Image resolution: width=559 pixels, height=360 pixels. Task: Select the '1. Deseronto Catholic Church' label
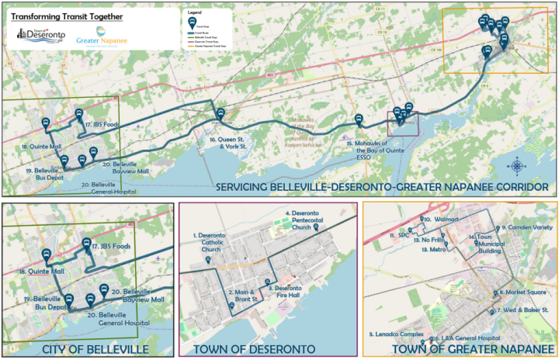207,241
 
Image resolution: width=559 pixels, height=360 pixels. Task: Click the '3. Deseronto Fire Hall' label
286,291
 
